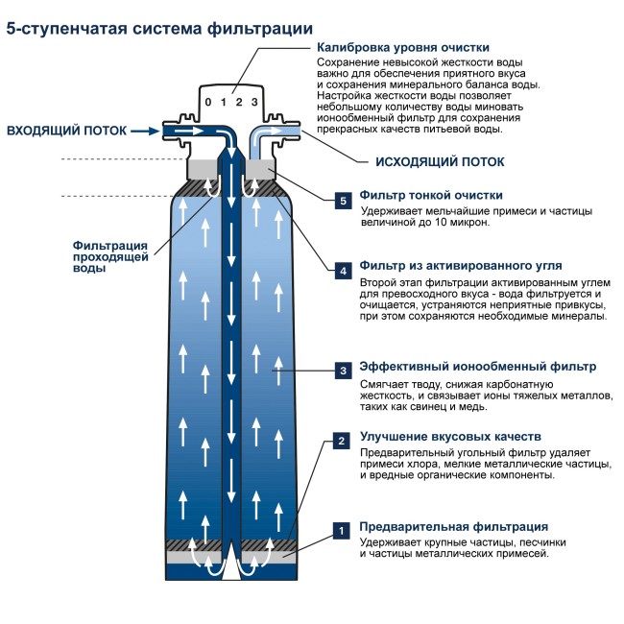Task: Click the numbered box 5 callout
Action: pyautogui.click(x=343, y=201)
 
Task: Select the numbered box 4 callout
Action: pyautogui.click(x=343, y=271)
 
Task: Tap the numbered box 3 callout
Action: pyautogui.click(x=342, y=369)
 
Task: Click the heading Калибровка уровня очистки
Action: pyautogui.click(x=403, y=47)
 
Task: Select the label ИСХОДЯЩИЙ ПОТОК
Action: pyautogui.click(x=431, y=163)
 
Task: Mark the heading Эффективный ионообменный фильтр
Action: pyautogui.click(x=477, y=367)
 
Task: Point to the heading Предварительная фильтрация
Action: pyautogui.click(x=453, y=526)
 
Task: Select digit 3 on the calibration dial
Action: pyautogui.click(x=253, y=102)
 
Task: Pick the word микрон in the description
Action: pyautogui.click(x=469, y=223)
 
